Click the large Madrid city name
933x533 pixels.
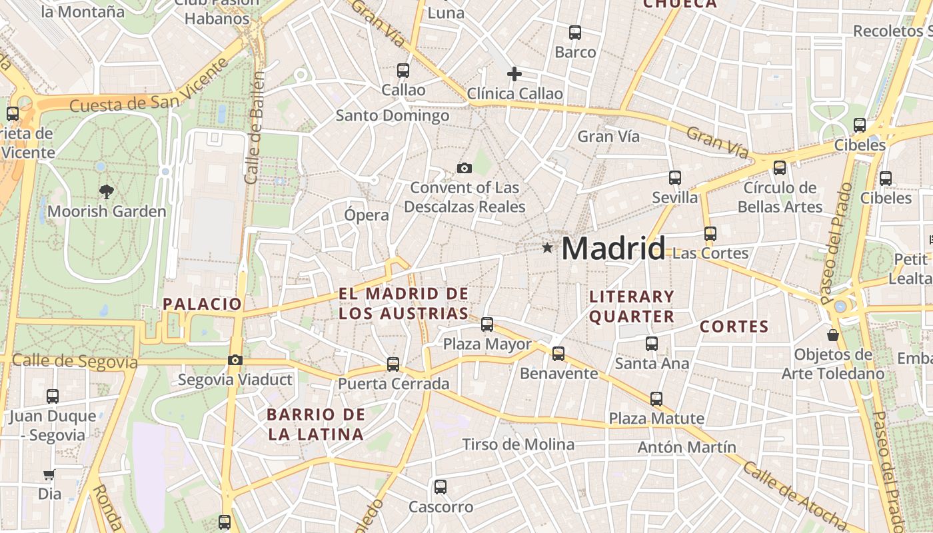pyautogui.click(x=613, y=249)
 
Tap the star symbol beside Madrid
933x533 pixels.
pyautogui.click(x=547, y=248)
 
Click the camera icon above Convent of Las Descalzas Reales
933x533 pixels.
pyautogui.click(x=465, y=168)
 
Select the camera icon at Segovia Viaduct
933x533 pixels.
pyautogui.click(x=235, y=360)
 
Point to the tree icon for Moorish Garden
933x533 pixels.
pyautogui.click(x=106, y=193)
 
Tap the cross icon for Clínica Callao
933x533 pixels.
pyautogui.click(x=514, y=74)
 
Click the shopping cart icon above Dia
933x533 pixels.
pyautogui.click(x=49, y=475)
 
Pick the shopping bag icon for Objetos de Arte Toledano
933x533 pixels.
pyautogui.click(x=832, y=334)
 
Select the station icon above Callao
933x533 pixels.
pyautogui.click(x=403, y=70)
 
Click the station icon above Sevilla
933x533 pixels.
pyautogui.click(x=675, y=178)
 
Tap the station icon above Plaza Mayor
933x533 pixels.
pyautogui.click(x=487, y=324)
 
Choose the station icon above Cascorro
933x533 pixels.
pyautogui.click(x=440, y=487)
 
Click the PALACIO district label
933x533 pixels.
pyautogui.click(x=203, y=304)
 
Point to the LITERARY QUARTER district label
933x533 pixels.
pyautogui.click(x=632, y=306)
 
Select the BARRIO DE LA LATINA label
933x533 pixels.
pyautogui.click(x=316, y=424)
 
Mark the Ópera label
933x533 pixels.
pyautogui.click(x=367, y=215)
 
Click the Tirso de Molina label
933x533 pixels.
pyautogui.click(x=518, y=444)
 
